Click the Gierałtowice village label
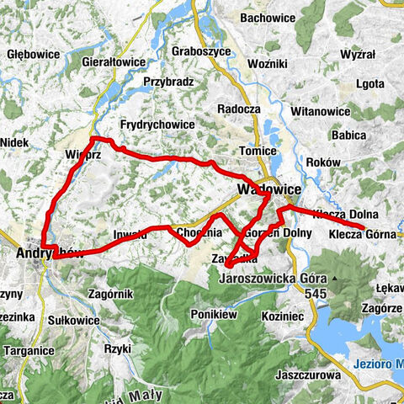(x=114, y=63)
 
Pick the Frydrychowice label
(x=157, y=125)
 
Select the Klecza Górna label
(x=362, y=235)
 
